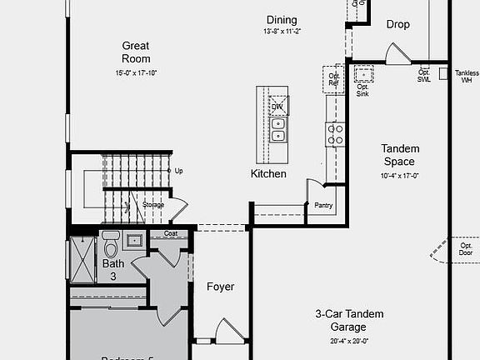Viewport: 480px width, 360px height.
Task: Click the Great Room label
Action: [x=136, y=52]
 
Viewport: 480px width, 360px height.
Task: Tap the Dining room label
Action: [x=282, y=20]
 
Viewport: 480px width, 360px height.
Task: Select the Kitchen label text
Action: [x=268, y=174]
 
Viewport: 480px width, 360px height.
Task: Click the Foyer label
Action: [x=221, y=287]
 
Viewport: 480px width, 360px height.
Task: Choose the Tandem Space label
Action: [x=399, y=155]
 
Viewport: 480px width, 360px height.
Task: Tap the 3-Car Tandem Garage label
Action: [x=349, y=321]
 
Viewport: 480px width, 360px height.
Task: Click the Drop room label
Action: [x=398, y=25]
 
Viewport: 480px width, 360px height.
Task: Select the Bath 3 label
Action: [x=113, y=269]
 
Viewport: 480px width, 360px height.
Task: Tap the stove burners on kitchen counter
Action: [x=335, y=134]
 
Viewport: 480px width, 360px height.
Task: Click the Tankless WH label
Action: [x=467, y=77]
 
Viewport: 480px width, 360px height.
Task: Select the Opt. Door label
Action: [x=466, y=250]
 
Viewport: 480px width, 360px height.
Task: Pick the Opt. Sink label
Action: [x=362, y=90]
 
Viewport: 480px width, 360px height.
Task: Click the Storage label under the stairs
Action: [x=153, y=204]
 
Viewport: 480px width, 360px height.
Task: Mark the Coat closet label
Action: [x=170, y=234]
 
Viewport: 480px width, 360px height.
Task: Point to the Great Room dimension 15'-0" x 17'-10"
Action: [x=136, y=73]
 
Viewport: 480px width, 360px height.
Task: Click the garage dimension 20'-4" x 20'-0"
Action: [x=349, y=341]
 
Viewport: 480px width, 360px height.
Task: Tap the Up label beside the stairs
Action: [x=178, y=171]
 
